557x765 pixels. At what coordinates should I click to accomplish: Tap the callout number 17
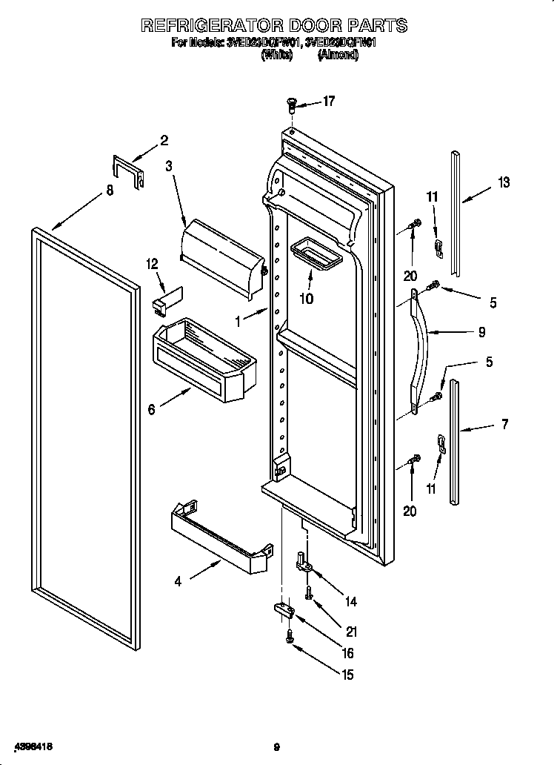[x=329, y=101]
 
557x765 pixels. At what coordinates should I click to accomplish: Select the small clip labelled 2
[x=127, y=171]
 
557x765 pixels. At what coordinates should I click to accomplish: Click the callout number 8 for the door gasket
[x=110, y=191]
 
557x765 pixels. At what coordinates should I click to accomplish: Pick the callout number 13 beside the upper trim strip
[x=504, y=182]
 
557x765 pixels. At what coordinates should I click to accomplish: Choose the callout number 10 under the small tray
[x=306, y=299]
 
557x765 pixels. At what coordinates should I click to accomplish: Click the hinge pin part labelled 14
[x=305, y=564]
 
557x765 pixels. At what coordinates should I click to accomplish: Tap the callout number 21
[x=351, y=632]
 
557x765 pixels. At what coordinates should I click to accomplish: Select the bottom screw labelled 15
[x=290, y=636]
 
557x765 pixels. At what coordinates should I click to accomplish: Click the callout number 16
[x=347, y=653]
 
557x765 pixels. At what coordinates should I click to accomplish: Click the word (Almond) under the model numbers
[x=337, y=56]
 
